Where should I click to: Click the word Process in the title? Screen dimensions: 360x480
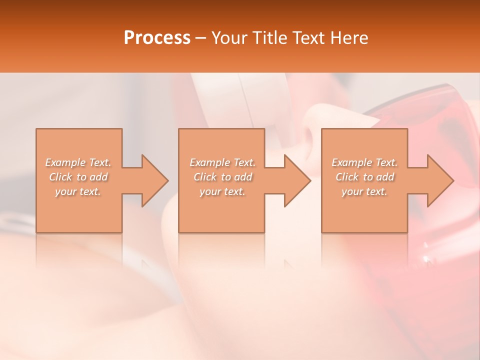[x=157, y=38]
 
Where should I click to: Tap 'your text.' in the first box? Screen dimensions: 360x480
[x=78, y=191]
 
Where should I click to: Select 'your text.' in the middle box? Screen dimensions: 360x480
[x=222, y=191]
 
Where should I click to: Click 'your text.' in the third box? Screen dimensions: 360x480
[x=364, y=191]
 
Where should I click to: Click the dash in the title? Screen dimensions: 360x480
[x=200, y=38]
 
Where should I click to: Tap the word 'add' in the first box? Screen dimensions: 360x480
[x=99, y=177]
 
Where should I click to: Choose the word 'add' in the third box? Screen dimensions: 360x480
[x=385, y=177]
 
